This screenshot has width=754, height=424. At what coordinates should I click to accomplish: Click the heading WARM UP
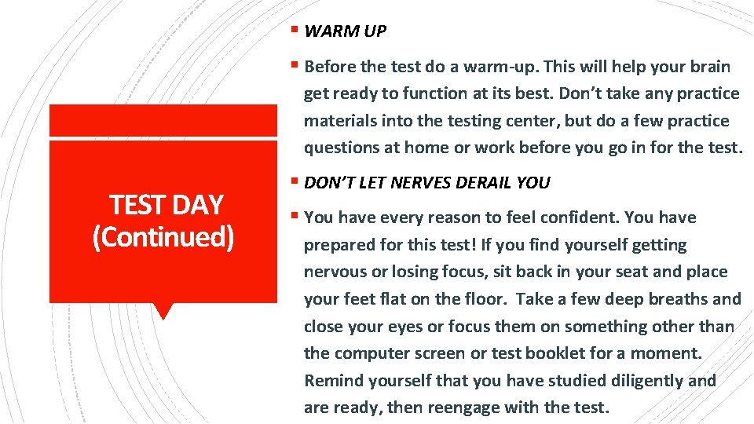coord(345,31)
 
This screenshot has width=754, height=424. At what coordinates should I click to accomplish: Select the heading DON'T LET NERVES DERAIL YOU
coord(426,183)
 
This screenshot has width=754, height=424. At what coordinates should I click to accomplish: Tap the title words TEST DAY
coord(167,205)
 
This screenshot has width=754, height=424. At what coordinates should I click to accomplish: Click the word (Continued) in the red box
coord(163,236)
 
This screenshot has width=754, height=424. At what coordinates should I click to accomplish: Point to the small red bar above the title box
coord(163,120)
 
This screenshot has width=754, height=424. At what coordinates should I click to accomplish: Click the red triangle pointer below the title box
coord(163,311)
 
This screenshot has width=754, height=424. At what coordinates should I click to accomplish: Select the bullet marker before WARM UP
coord(294,31)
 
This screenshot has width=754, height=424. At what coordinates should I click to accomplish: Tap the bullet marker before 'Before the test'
coord(294,67)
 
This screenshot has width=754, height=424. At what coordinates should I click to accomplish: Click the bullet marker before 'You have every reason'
coord(294,217)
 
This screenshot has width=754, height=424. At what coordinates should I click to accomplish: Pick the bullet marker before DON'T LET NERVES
coord(294,183)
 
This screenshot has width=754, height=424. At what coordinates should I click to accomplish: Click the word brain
coord(710,67)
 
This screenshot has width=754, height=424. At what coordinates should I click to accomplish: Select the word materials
coord(340,121)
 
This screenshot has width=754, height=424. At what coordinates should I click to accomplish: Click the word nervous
coord(336,272)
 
